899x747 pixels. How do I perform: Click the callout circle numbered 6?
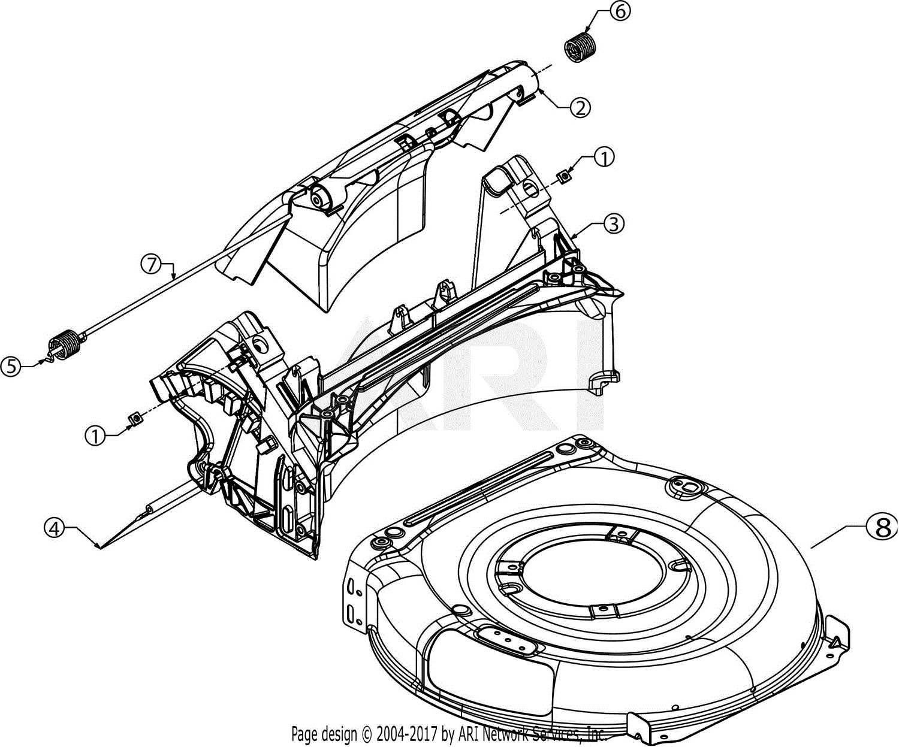[x=621, y=12]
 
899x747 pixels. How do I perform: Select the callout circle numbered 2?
[x=580, y=107]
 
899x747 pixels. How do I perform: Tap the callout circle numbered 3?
[x=613, y=223]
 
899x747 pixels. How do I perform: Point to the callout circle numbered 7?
[x=152, y=264]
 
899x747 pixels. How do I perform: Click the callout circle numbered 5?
[x=11, y=366]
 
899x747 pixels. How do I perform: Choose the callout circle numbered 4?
[x=55, y=528]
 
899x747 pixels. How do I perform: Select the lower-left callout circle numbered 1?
[x=96, y=436]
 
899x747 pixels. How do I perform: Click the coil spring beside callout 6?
[x=580, y=47]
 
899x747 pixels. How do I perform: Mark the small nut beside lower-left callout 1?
[x=135, y=418]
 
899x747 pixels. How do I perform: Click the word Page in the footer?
[x=304, y=734]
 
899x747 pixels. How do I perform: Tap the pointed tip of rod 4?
[x=99, y=547]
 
